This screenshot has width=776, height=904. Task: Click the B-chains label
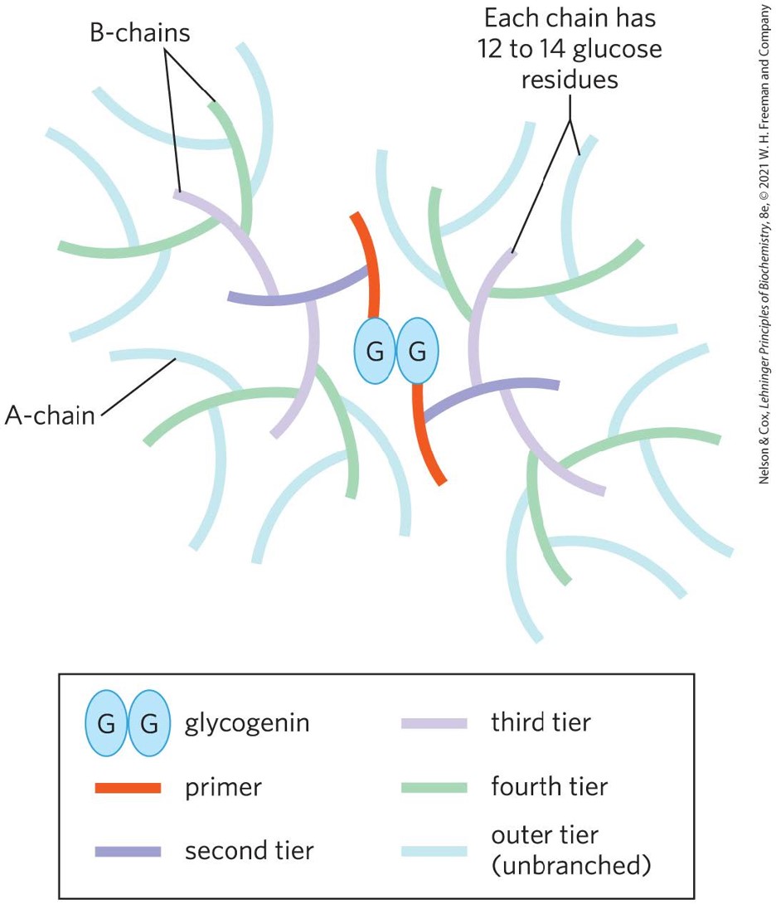[x=140, y=33]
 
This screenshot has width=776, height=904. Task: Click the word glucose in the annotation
[x=616, y=49]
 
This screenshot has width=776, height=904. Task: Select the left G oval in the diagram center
[x=375, y=352]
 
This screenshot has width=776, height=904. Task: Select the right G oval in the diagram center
[x=418, y=352]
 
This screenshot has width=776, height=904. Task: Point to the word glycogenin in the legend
[x=247, y=723]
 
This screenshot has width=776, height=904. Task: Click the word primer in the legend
[x=223, y=787]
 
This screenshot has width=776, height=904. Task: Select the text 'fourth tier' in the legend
[x=550, y=785]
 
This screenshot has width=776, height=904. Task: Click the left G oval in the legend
[x=105, y=723]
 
